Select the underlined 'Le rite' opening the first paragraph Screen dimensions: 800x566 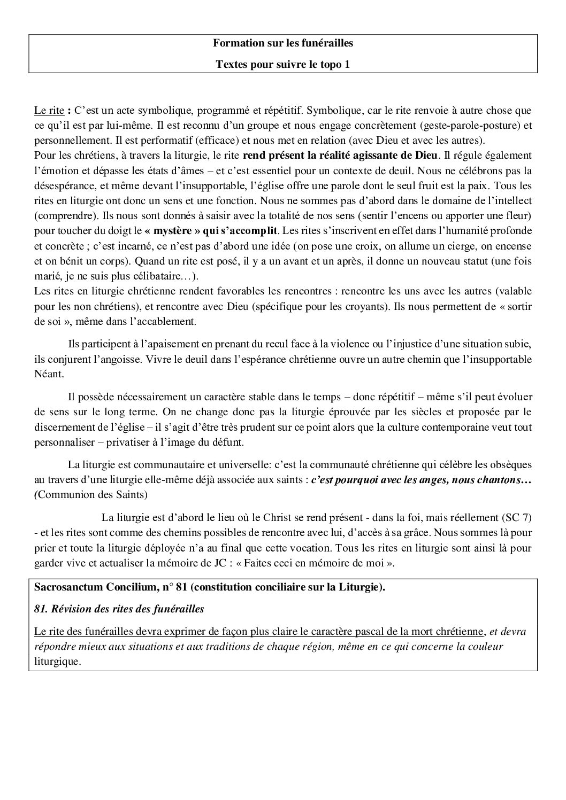click(x=49, y=111)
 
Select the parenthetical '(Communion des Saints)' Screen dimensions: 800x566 click(x=90, y=495)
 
